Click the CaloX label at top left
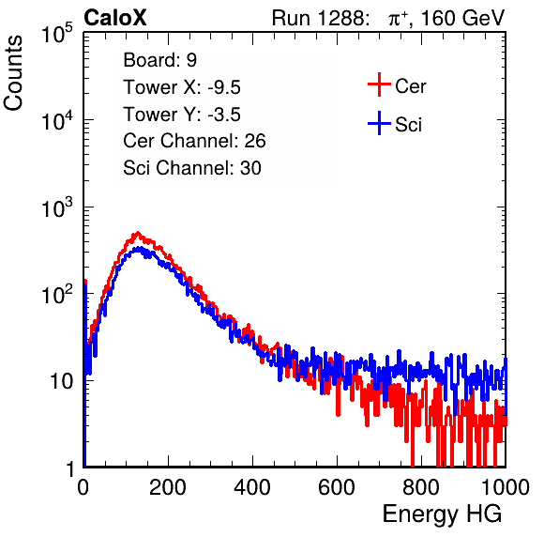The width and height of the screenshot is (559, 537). click(115, 18)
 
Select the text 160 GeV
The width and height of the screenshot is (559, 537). click(462, 18)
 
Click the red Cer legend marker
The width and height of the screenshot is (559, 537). click(379, 84)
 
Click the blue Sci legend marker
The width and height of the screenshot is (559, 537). click(379, 124)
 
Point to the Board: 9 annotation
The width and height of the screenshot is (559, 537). click(160, 60)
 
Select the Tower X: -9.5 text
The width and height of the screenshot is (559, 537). click(182, 87)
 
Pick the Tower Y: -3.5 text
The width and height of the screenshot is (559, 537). click(182, 115)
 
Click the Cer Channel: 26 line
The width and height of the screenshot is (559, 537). click(194, 141)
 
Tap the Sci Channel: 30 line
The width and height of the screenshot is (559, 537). click(192, 168)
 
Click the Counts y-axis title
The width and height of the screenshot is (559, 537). click(13, 73)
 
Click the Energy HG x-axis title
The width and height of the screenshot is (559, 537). click(442, 514)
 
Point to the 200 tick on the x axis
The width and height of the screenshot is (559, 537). click(168, 487)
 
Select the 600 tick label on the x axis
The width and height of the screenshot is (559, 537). click(337, 487)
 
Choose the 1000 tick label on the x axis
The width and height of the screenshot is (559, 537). click(506, 487)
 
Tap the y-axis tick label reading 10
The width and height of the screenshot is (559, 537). click(61, 381)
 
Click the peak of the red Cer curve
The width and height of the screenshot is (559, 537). click(137, 233)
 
